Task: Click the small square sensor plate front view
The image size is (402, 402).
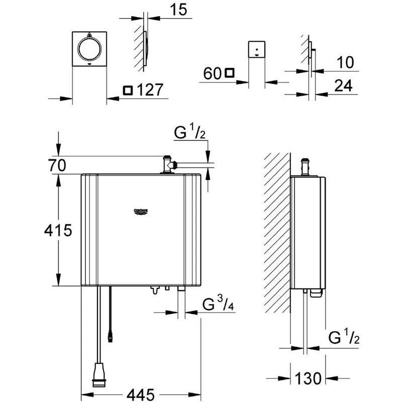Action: click(257, 51)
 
